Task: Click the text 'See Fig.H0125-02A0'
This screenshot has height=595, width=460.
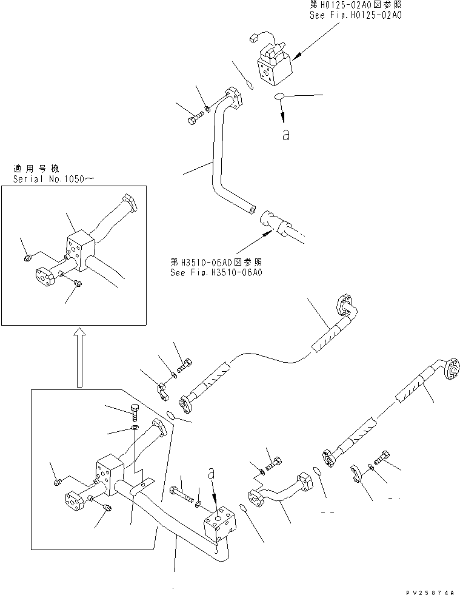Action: click(355, 15)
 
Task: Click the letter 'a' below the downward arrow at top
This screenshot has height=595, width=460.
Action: click(285, 136)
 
